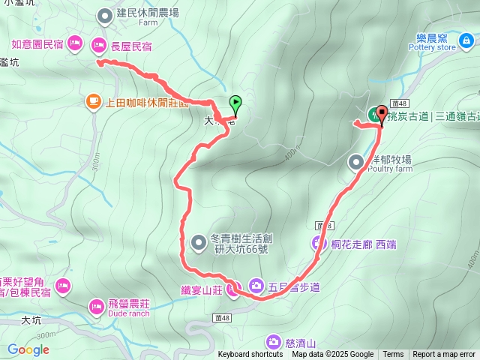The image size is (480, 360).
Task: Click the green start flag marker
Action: click(x=235, y=103)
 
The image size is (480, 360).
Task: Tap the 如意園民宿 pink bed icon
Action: click(x=74, y=43)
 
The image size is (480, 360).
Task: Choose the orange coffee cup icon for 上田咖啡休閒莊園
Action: click(x=93, y=100)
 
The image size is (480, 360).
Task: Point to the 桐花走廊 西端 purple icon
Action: click(x=319, y=242)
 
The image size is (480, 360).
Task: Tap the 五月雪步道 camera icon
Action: click(x=256, y=286)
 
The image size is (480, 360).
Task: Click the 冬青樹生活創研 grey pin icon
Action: click(x=198, y=241)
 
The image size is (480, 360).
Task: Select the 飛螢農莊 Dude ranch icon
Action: click(x=97, y=306)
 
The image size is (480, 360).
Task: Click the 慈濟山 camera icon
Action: click(x=273, y=342)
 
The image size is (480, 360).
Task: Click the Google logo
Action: click(x=28, y=349)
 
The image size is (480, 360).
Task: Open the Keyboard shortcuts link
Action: click(x=250, y=355)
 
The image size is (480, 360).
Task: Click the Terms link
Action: click(x=393, y=355)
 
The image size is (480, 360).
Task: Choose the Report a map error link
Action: click(x=444, y=355)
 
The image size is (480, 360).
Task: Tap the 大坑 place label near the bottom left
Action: click(x=31, y=320)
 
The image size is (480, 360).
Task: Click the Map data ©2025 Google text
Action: click(x=332, y=355)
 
